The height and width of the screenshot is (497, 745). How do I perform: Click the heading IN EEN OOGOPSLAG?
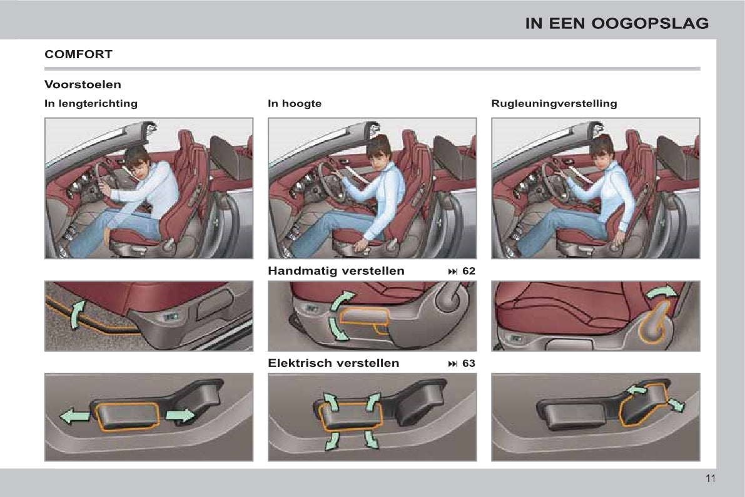click(617, 23)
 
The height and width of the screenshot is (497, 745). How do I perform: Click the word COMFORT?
click(78, 54)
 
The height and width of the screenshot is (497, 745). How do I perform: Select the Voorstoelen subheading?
click(83, 84)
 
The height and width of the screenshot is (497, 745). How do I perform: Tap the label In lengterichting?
click(91, 103)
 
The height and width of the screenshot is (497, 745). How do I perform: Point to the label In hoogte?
click(295, 103)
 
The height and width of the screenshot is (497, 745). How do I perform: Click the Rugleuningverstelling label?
click(554, 103)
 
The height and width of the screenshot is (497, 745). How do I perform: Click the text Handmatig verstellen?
click(336, 270)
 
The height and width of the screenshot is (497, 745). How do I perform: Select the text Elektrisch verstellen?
click(333, 363)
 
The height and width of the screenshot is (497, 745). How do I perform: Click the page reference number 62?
click(469, 271)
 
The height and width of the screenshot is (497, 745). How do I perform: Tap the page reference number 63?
click(469, 363)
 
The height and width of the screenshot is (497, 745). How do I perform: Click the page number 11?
click(711, 478)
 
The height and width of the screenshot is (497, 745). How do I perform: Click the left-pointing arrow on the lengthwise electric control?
click(74, 417)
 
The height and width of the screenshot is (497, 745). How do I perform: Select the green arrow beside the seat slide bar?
click(77, 314)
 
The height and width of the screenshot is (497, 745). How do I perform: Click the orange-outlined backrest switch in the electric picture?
click(643, 404)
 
